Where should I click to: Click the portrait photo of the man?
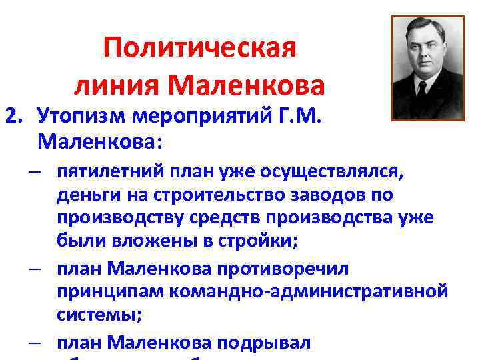pyautogui.click(x=427, y=67)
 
